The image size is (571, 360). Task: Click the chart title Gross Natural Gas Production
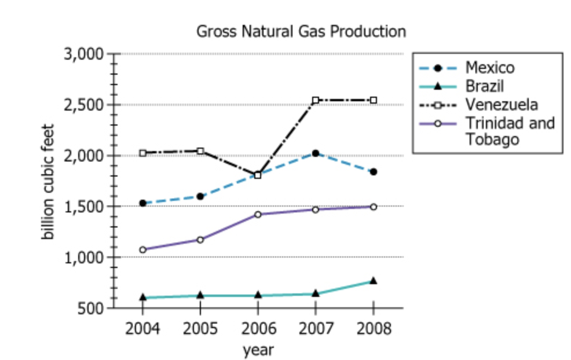[301, 31]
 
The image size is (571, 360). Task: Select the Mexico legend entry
[489, 68]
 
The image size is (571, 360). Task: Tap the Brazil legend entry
[484, 86]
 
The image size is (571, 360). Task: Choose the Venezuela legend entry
[502, 105]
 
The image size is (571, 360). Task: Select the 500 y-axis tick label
[92, 308]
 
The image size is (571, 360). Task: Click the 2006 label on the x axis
[258, 329]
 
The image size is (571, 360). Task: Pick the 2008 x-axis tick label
[374, 329]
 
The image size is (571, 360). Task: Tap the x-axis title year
[258, 350]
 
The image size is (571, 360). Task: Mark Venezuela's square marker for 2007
[316, 100]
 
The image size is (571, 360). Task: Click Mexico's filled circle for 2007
[316, 153]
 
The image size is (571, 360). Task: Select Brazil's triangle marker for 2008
[374, 281]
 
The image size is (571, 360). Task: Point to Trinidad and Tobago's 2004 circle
[142, 250]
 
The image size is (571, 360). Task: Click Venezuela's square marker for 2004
[142, 153]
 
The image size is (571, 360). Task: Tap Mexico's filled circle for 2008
[374, 172]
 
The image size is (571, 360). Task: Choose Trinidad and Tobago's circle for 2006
[258, 215]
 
